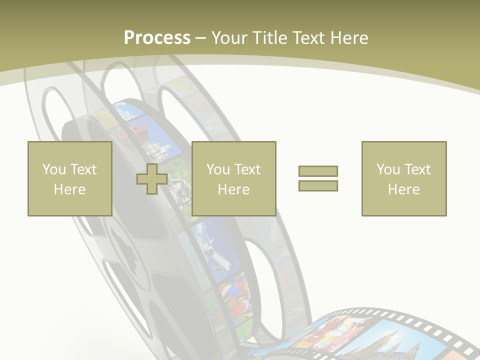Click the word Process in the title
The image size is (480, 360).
point(157,37)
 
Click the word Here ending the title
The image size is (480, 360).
point(348,37)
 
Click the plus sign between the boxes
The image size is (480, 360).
point(152,179)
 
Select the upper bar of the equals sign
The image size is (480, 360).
point(318,171)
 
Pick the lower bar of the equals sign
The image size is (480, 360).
point(318,185)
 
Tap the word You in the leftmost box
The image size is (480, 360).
point(54,169)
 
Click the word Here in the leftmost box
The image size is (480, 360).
point(69,189)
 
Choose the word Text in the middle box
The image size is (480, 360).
point(247,169)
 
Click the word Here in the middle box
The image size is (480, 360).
point(233,189)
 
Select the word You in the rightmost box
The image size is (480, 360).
point(388,169)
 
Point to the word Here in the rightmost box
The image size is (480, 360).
point(403,189)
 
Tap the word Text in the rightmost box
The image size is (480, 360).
point(417,169)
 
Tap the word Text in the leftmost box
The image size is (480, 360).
point(83,169)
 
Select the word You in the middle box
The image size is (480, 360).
point(218,169)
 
